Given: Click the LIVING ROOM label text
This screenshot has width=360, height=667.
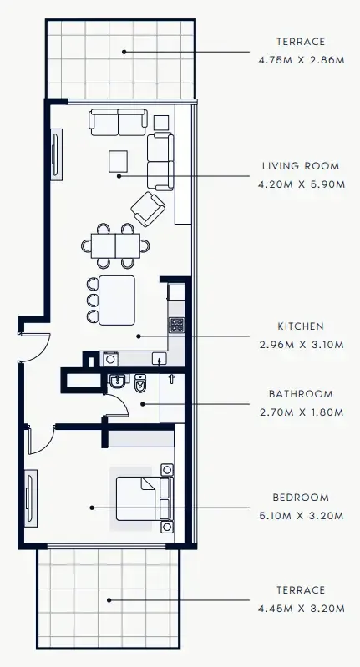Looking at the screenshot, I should [302, 166].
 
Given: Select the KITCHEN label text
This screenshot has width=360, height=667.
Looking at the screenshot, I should [301, 326].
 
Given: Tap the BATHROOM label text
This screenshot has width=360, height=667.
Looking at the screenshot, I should [301, 393].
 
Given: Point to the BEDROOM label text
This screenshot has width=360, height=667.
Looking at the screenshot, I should [301, 498].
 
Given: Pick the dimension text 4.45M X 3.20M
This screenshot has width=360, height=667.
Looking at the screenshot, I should [302, 609].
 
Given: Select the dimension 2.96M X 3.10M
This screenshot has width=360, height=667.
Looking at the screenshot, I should [302, 344].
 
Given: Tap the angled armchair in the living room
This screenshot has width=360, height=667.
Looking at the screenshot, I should [148, 209].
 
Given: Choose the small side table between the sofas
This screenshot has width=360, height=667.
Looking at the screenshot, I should [161, 122].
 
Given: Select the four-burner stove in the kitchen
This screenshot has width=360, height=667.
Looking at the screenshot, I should [176, 323].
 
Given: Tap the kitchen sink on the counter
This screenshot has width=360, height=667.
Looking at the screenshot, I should [159, 359].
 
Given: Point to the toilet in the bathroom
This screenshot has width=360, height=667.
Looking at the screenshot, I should [140, 385].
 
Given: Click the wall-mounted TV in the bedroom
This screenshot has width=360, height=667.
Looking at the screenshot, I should [32, 498].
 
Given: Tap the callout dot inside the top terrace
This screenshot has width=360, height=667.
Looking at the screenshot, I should [124, 52].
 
